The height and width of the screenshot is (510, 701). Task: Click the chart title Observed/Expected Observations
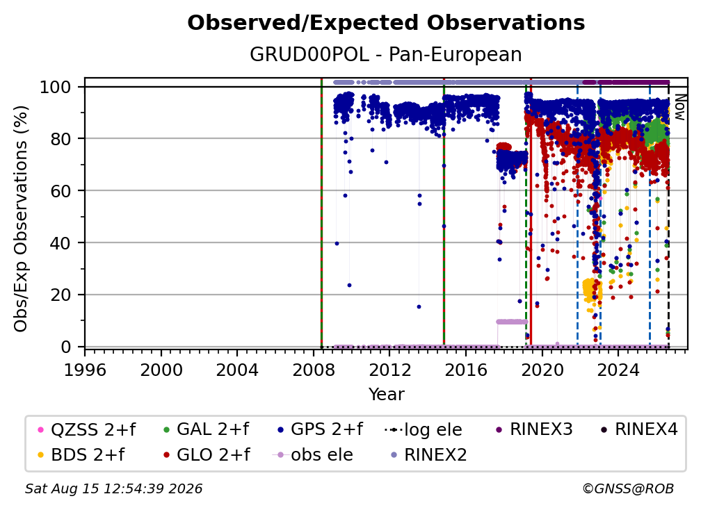(x=386, y=23)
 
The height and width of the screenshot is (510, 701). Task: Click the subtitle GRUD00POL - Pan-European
(x=386, y=54)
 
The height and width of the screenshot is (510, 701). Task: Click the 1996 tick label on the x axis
(x=85, y=370)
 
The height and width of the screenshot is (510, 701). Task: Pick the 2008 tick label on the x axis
(x=314, y=370)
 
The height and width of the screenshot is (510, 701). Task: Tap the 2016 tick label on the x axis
(x=466, y=370)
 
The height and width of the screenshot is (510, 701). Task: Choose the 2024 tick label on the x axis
(x=618, y=370)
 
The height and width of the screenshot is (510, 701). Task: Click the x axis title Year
(x=386, y=395)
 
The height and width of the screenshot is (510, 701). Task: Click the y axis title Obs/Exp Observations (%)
(x=21, y=219)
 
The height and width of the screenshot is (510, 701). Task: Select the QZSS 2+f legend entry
(x=87, y=429)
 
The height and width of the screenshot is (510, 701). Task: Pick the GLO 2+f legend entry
(x=207, y=455)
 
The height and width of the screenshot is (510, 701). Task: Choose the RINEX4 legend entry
(x=639, y=429)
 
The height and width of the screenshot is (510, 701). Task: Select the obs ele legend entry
(x=312, y=455)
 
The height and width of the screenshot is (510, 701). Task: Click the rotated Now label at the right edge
(x=679, y=107)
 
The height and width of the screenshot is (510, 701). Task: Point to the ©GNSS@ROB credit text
(x=628, y=488)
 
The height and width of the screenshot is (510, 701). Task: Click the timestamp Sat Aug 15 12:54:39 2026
(x=113, y=488)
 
